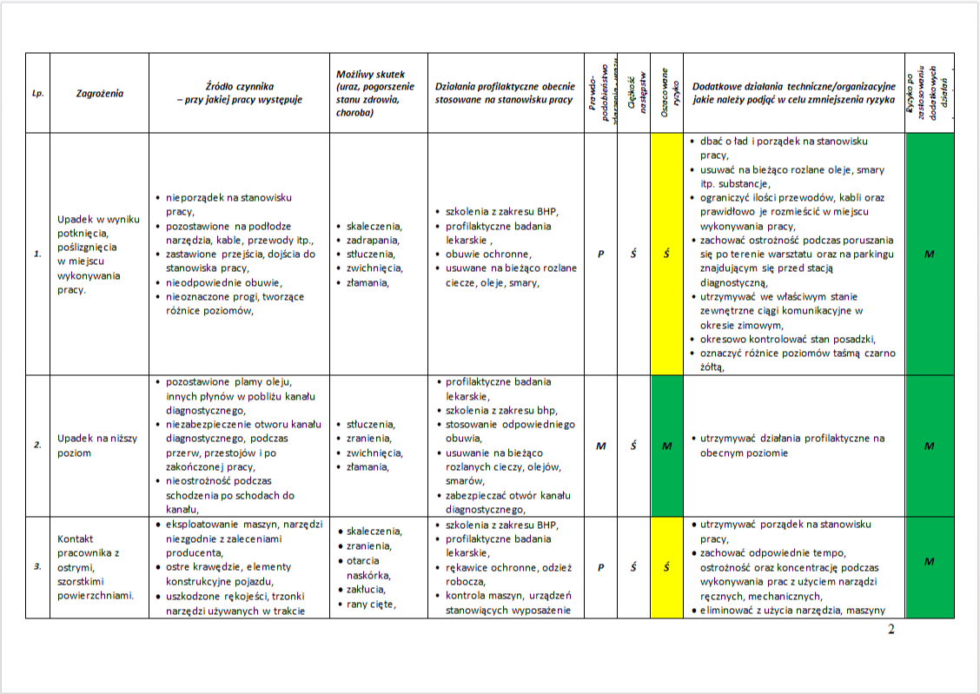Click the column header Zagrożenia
click(x=100, y=93)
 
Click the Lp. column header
click(x=37, y=93)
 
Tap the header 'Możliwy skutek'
click(x=370, y=93)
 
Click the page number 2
click(x=891, y=630)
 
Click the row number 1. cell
click(x=37, y=254)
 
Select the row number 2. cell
click(x=37, y=446)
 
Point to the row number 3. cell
click(x=37, y=567)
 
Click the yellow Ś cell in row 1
click(x=666, y=254)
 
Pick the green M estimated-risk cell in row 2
click(x=666, y=446)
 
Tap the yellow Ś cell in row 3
click(x=666, y=567)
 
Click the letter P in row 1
click(x=600, y=254)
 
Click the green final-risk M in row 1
click(x=929, y=254)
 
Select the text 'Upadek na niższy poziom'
click(x=97, y=446)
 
